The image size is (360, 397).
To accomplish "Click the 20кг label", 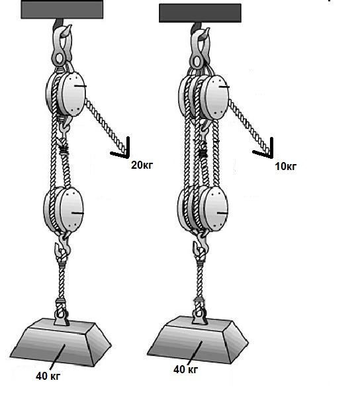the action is pyautogui.click(x=142, y=165).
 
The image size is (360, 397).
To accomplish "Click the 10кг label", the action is pyautogui.click(x=286, y=166).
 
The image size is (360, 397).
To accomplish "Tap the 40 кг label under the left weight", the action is pyautogui.click(x=48, y=376).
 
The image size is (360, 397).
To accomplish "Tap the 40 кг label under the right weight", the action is pyautogui.click(x=185, y=370).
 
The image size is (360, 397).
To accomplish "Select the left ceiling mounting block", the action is pyautogui.click(x=62, y=9).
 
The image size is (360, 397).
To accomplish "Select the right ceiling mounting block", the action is pyautogui.click(x=200, y=13).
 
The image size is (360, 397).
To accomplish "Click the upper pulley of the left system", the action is pyautogui.click(x=66, y=94).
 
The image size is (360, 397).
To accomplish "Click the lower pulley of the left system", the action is pyautogui.click(x=64, y=209).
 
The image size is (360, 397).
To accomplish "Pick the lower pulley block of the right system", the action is pyautogui.click(x=202, y=208).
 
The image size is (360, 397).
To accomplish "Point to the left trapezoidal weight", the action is pyautogui.click(x=61, y=342).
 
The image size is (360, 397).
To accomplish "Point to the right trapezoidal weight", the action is pyautogui.click(x=198, y=339).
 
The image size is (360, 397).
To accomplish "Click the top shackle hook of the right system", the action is pyautogui.click(x=201, y=47).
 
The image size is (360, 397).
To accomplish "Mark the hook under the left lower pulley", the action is pyautogui.click(x=62, y=247).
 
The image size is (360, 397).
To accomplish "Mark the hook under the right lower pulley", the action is pyautogui.click(x=201, y=245).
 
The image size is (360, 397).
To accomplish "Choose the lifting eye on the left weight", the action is pyautogui.click(x=61, y=313).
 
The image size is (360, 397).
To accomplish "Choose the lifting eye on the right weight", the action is pyautogui.click(x=200, y=312).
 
